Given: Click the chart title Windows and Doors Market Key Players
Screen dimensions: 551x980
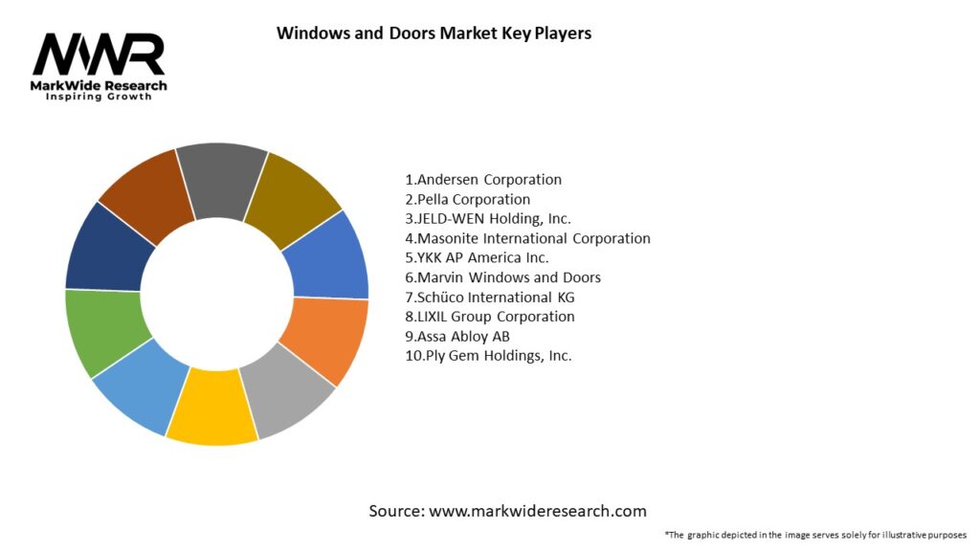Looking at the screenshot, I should point(434,33).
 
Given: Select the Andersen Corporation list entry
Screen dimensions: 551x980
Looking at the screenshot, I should point(483,180).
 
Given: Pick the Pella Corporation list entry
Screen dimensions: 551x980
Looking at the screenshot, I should point(467,200).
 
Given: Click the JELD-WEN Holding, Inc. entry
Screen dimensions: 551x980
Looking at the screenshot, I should point(488,219).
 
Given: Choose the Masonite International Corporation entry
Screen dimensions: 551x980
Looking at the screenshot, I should point(527,238).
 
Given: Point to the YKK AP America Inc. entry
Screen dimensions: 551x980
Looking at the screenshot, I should point(477,258).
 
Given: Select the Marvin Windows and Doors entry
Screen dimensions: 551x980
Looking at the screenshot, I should point(502,277).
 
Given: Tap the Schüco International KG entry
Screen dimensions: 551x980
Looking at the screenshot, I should point(490,298).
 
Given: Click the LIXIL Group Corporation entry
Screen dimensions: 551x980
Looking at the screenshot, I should point(490,317).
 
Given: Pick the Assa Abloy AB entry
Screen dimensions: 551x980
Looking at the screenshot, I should point(457,337).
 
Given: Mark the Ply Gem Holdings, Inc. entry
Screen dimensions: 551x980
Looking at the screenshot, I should point(488,356).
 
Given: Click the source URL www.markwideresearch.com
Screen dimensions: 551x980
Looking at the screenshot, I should point(537,511).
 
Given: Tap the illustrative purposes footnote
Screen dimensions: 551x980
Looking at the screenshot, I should point(815,535).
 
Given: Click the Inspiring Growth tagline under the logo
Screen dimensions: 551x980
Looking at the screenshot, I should point(99,98).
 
